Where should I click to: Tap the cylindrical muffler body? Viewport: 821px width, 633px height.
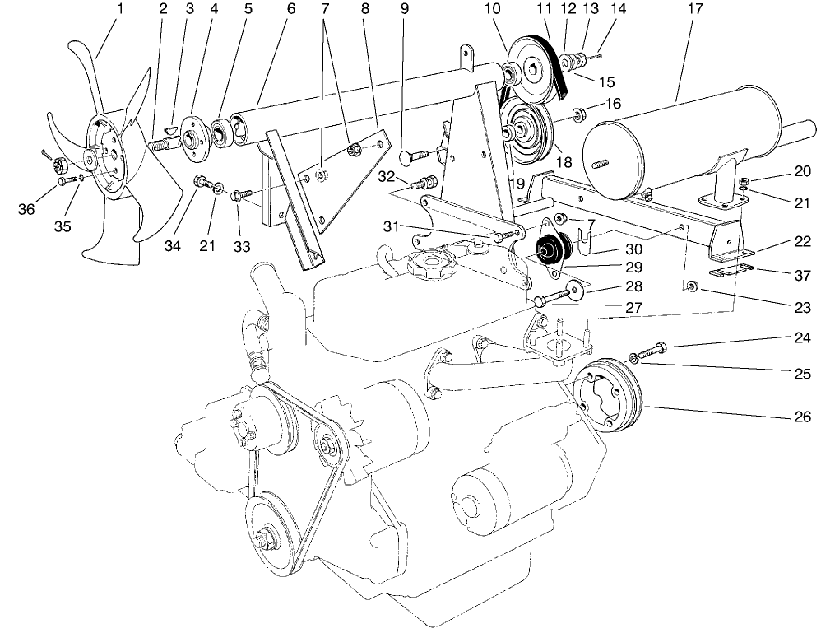[x=650, y=148]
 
